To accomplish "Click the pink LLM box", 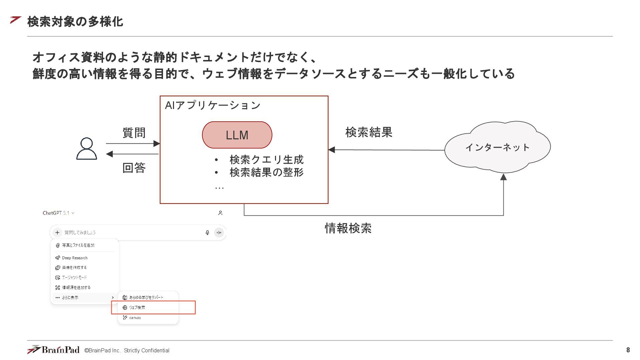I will pyautogui.click(x=237, y=135).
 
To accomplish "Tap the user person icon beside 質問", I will pyautogui.click(x=87, y=149).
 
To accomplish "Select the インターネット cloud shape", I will pyautogui.click(x=497, y=147).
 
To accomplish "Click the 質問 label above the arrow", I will pyautogui.click(x=134, y=133).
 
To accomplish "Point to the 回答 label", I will pyautogui.click(x=134, y=168).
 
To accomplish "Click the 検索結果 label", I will pyautogui.click(x=369, y=132).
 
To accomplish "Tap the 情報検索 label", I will pyautogui.click(x=348, y=228).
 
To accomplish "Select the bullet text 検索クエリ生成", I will pyautogui.click(x=266, y=160).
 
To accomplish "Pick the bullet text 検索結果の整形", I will pyautogui.click(x=266, y=172).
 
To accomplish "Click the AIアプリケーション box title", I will pyautogui.click(x=213, y=105).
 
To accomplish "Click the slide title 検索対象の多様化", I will pyautogui.click(x=75, y=22).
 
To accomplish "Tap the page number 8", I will pyautogui.click(x=628, y=350).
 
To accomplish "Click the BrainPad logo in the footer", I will pyautogui.click(x=53, y=350).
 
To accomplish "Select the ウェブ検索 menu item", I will pyautogui.click(x=137, y=308).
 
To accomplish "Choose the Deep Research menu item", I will pyautogui.click(x=75, y=258).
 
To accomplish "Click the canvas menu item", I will pyautogui.click(x=135, y=318).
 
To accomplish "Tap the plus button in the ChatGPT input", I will pyautogui.click(x=57, y=233).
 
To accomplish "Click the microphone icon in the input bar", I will pyautogui.click(x=207, y=233).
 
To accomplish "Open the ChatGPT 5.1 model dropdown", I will pyautogui.click(x=59, y=213).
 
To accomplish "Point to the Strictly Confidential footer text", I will pyautogui.click(x=147, y=351).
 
